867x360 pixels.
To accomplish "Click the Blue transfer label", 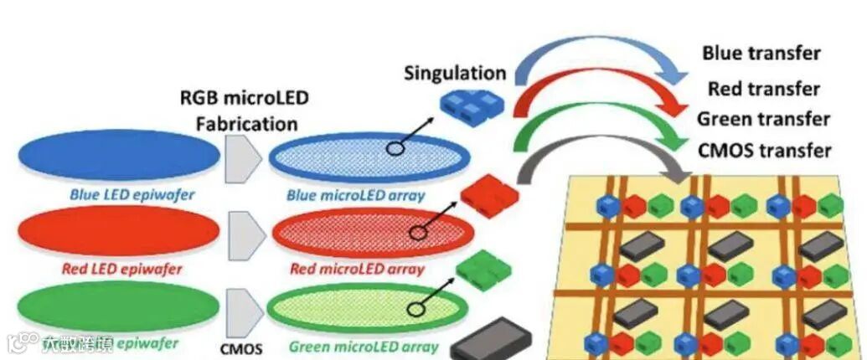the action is coord(761,54).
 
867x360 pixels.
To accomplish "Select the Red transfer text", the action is coord(763,88).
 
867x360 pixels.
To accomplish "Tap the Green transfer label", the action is coord(763,119).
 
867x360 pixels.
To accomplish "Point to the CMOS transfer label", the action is coord(764,151).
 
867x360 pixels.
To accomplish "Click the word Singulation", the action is coord(455,73).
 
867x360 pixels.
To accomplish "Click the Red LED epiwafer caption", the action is coord(121,270).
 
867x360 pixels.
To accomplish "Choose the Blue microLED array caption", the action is coord(355,196).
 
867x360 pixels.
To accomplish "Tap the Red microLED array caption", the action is coord(357,270).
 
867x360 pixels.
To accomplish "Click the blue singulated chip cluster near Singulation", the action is coord(468,105).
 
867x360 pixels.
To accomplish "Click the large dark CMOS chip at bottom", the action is coord(492,340).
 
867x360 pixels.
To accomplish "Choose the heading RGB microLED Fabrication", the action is coord(245,111).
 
